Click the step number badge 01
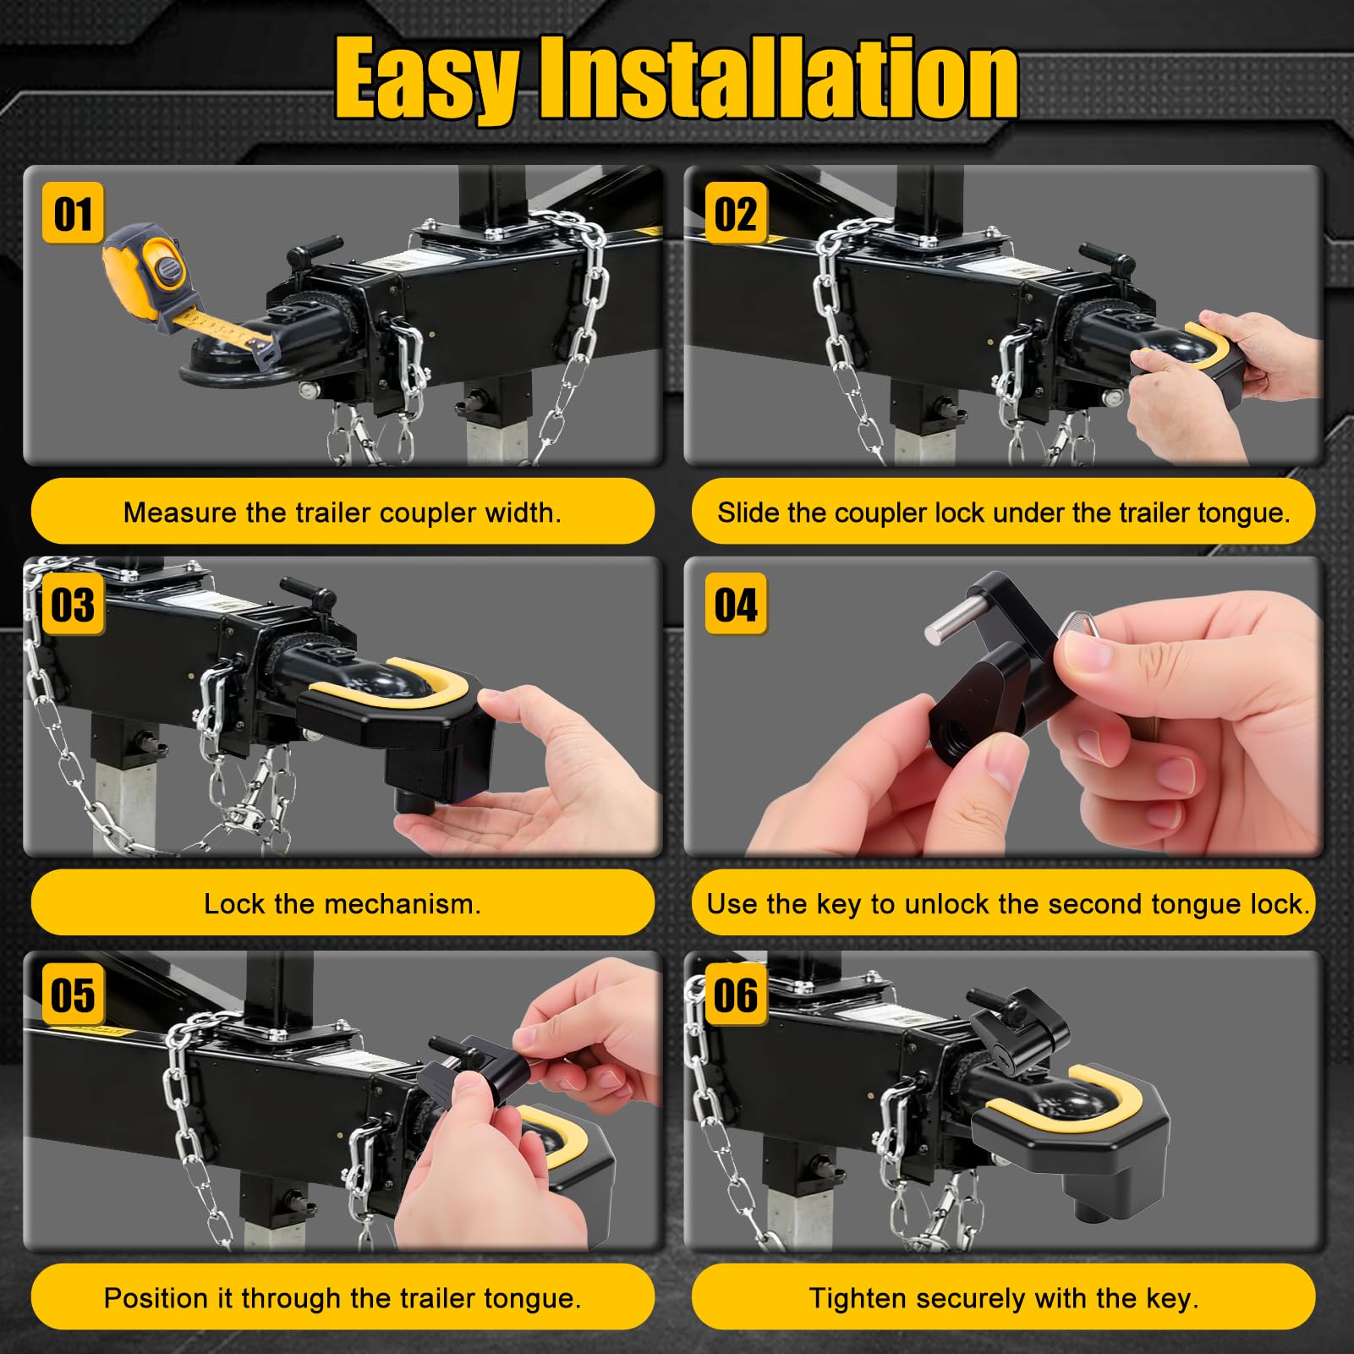[x=73, y=213]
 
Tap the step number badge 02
[x=736, y=213]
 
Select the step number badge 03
[x=73, y=605]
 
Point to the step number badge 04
[x=736, y=605]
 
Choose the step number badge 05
[x=73, y=994]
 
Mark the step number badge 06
[x=736, y=994]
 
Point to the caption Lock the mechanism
[x=343, y=904]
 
